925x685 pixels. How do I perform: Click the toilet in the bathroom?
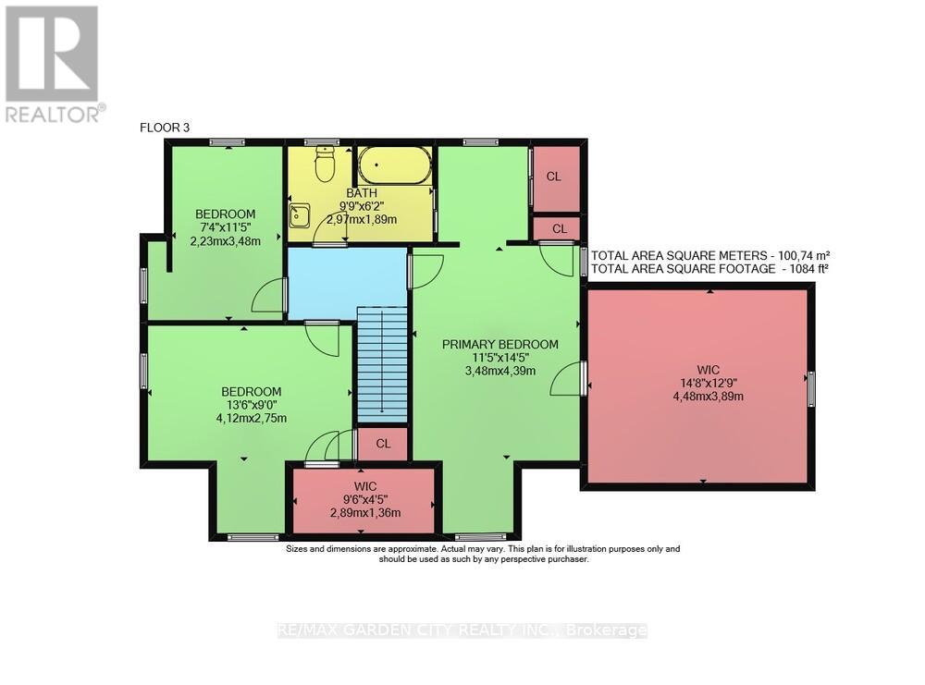coord(325,165)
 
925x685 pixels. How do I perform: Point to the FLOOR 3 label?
coord(164,128)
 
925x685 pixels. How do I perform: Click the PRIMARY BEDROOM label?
coord(499,345)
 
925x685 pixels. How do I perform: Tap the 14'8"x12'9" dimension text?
coord(709,383)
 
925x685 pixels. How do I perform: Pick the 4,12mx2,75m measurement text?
coord(252,418)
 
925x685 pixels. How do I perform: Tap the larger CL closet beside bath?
coord(554,177)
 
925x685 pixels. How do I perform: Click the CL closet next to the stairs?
coord(383,444)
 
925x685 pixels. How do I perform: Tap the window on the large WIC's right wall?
coord(811,388)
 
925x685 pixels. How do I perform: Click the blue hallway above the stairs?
coord(347,282)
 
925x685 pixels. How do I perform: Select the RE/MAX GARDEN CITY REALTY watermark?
coord(462,630)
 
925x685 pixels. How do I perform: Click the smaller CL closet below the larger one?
coord(560,228)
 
